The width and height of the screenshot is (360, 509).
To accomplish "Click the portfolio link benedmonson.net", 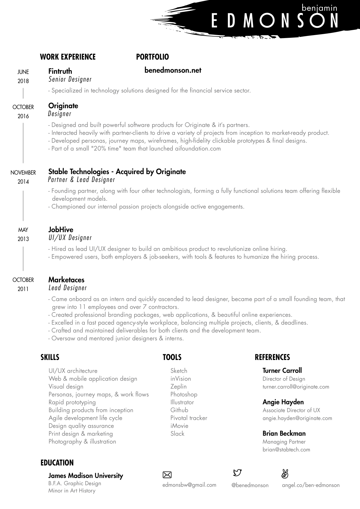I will pos(173,70).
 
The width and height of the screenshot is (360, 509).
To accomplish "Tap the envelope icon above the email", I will pos(167,475).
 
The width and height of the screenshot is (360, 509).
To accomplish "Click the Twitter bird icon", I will pos(237,472).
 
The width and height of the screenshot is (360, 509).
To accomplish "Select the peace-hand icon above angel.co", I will pos(285,474).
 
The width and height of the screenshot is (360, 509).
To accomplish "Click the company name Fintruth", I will pos(60,71).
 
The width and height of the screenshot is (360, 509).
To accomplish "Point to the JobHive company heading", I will pos(61,230).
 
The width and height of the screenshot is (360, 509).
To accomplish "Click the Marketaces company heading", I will pos(66,280).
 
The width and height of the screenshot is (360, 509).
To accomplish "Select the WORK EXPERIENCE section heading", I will pos(68,57).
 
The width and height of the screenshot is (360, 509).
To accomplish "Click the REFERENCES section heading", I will pos(272,357).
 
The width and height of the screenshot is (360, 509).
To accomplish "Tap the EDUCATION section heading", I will pos(57,463).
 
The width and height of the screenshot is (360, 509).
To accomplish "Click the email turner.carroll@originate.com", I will pos(296,387).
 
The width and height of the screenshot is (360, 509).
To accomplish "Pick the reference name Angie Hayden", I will pos(283,402).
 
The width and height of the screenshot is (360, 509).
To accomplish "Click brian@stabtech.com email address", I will pos(286,450).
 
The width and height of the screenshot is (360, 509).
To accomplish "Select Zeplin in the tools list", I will pos(178,387).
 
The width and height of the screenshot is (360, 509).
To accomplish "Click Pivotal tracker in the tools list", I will pos(189,418).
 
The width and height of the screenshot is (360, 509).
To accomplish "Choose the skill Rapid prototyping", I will pos(72,402).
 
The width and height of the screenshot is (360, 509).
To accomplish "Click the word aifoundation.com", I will pos(198,149).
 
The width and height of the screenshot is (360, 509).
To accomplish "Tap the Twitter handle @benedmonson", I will pos(250,485).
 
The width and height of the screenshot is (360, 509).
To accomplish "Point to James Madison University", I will pos(86,476).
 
